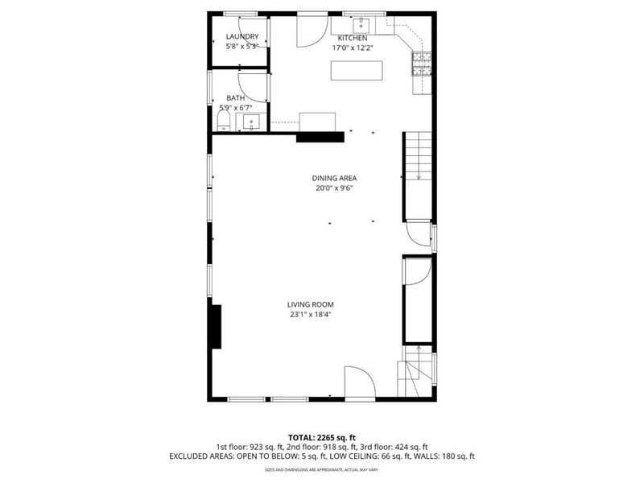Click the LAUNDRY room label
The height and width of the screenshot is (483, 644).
(242, 37)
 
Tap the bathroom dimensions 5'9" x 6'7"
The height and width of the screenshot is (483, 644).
(236, 107)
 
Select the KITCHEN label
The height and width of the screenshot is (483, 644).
(352, 38)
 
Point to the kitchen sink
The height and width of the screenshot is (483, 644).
(361, 23)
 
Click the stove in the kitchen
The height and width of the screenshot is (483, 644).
(422, 64)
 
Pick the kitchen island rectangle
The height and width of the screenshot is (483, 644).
(355, 71)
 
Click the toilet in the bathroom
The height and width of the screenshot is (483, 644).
(225, 122)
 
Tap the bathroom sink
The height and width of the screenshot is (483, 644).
(251, 123)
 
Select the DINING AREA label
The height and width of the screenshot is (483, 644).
(334, 179)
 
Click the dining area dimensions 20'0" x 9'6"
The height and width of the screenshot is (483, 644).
(334, 188)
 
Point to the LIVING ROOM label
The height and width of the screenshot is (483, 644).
(310, 304)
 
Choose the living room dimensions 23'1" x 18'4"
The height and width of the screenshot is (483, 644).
(310, 315)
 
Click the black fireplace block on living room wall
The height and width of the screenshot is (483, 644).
(216, 326)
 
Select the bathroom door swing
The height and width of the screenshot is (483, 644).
(253, 87)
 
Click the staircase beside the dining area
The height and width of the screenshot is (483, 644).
(418, 157)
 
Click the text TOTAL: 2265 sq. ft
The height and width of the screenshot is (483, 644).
(321, 436)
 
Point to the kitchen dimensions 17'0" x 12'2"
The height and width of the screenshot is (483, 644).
(352, 47)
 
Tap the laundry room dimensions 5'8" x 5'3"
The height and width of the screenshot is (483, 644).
(241, 47)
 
